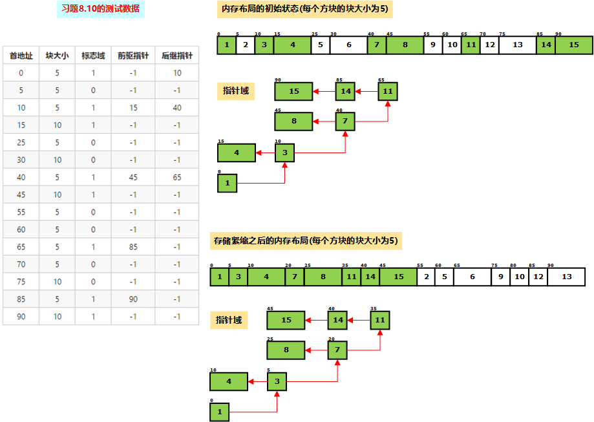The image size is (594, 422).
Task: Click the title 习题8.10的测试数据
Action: (100, 10)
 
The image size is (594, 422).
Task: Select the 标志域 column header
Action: (92, 56)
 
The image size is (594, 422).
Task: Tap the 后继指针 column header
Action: (176, 56)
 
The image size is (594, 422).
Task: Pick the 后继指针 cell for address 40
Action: (176, 177)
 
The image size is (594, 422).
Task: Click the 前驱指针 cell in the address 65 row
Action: (133, 247)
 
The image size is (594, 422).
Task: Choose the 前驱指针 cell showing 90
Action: (133, 299)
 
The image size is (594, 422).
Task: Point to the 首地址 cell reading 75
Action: (21, 282)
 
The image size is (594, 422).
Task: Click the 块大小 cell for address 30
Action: (57, 160)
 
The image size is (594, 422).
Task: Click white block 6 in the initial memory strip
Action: (348, 45)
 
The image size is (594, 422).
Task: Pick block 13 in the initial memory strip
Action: (517, 45)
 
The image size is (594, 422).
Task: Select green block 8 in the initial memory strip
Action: (405, 45)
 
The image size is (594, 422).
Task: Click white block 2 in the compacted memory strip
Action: (426, 277)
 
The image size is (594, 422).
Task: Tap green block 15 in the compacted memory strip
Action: (398, 277)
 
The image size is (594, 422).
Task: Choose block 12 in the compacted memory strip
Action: (538, 277)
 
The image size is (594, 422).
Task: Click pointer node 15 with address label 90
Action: (293, 92)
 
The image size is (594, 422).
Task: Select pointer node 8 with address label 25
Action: (286, 350)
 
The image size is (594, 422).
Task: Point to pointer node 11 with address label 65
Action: (388, 92)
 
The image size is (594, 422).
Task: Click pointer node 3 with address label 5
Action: (277, 382)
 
